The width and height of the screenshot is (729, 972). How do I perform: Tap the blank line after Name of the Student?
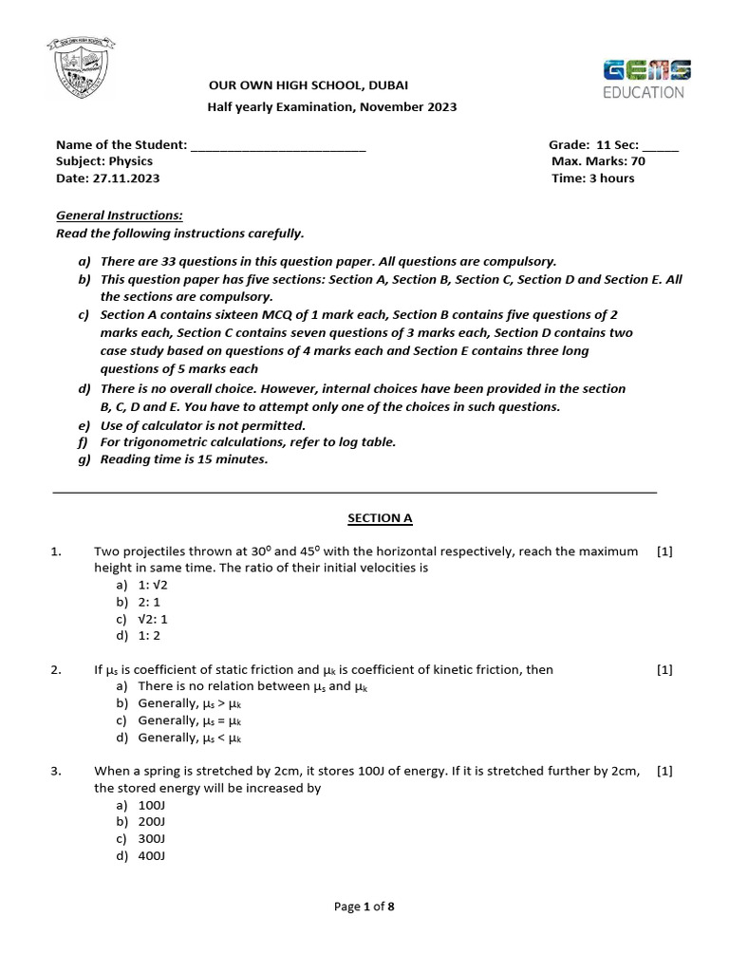click(278, 145)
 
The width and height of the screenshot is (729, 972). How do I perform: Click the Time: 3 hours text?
click(593, 178)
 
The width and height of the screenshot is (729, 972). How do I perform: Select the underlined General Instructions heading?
click(113, 215)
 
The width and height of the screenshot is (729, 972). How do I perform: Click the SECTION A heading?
click(380, 518)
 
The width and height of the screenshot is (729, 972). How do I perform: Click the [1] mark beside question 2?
click(664, 669)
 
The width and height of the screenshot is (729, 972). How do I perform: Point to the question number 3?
click(56, 771)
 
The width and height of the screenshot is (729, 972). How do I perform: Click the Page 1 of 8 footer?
click(364, 907)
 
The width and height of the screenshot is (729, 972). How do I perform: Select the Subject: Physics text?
click(104, 161)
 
